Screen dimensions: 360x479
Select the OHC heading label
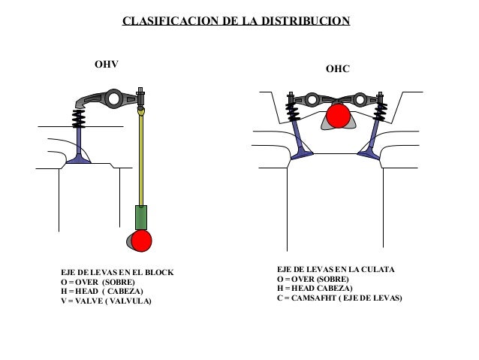pos(338,69)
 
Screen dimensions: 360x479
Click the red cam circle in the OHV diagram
pos(140,240)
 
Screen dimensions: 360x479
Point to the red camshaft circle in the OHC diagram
pos(339,116)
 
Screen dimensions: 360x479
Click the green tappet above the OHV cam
pos(140,217)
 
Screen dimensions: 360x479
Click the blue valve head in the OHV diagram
pos(78,159)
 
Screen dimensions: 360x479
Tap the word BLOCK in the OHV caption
pos(158,272)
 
